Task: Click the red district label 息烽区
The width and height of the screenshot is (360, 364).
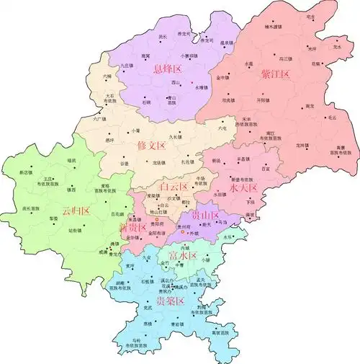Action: coord(167,69)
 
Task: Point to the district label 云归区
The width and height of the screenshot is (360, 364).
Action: coord(76,211)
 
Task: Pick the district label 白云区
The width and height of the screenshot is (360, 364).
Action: coord(174,187)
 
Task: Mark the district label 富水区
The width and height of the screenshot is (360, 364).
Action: coord(182,256)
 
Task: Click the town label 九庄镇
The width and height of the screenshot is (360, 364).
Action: coord(129,66)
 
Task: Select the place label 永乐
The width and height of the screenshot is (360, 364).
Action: coord(229,236)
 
